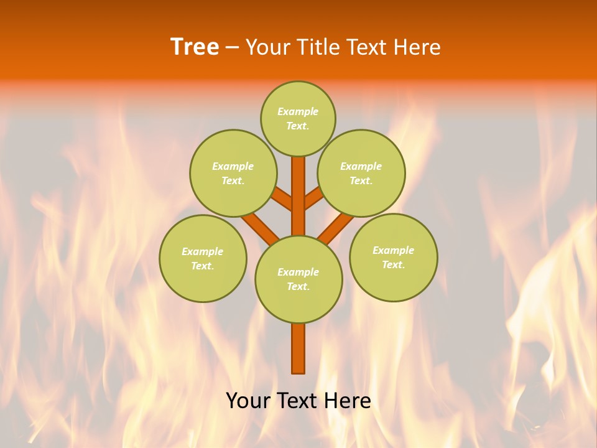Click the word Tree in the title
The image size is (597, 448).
[195, 47]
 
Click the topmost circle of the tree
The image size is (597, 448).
[298, 118]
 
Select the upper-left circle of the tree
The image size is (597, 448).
[233, 173]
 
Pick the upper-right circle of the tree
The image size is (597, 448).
[361, 173]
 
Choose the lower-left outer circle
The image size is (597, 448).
[203, 258]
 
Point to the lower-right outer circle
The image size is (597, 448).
[394, 257]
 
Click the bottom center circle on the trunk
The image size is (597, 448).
[298, 279]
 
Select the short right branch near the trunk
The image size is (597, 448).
[313, 198]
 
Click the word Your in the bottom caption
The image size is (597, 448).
[248, 401]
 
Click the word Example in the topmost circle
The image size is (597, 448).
[298, 112]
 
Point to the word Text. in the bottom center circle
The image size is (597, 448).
[298, 287]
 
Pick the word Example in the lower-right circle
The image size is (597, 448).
[393, 250]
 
